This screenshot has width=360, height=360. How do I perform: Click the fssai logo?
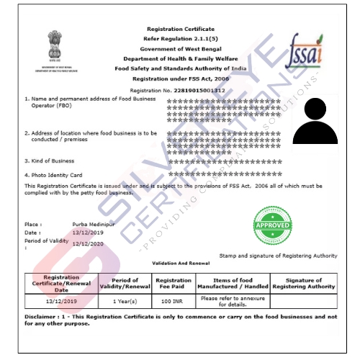click(x=305, y=50)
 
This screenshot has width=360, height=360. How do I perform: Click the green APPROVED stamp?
click(x=273, y=225)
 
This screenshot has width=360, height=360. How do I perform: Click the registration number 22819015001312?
click(x=194, y=90)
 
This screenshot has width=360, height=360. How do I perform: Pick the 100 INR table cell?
click(x=173, y=298)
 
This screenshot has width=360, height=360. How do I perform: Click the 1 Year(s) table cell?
click(x=121, y=298)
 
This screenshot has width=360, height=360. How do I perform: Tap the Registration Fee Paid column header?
click(x=173, y=282)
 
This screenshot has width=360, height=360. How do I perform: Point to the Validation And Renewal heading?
click(x=179, y=264)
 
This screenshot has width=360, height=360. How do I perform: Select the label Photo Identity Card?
click(x=56, y=175)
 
